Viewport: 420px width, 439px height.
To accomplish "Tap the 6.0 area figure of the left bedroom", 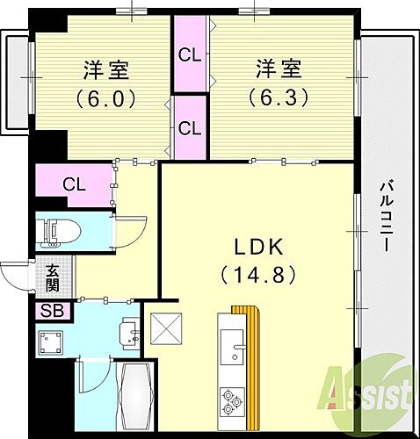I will point(106,98).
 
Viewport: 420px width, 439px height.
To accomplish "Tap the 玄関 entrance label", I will point(52,280).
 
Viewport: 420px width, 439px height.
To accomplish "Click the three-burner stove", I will point(234,400).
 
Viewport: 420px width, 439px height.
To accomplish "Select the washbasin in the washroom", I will point(129,332).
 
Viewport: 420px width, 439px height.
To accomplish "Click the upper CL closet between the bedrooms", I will point(190,54).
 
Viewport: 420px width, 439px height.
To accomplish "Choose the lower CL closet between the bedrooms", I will point(190,126).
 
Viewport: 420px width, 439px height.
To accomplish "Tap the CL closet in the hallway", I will point(75,184).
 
